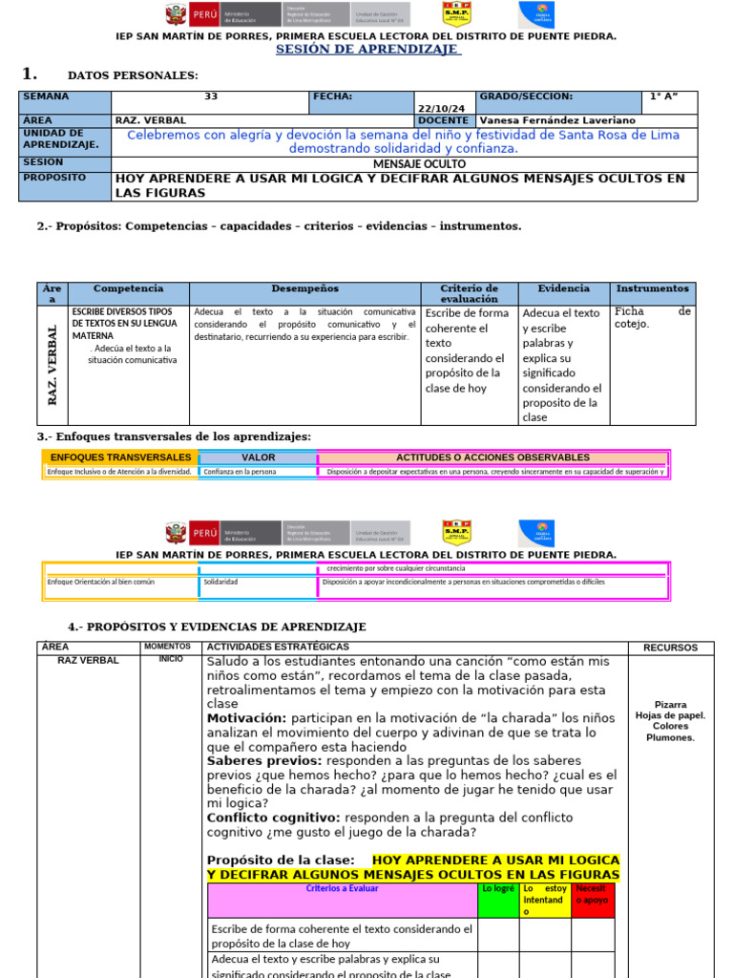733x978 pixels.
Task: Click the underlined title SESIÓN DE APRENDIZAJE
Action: point(367,50)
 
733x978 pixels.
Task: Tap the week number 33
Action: point(211,96)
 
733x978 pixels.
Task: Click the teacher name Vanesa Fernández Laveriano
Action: point(558,121)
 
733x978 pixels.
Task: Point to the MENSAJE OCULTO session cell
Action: point(406,164)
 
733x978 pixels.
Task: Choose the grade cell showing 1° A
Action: point(669,96)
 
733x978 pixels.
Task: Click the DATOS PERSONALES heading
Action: point(133,75)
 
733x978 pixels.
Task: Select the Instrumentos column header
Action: point(652,288)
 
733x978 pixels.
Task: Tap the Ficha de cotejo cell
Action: point(652,317)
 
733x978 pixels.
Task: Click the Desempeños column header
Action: point(304,288)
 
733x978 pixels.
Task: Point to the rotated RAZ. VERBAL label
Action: point(53,364)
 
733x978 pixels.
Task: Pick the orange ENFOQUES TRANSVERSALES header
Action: point(120,457)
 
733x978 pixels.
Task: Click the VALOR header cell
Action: point(258,457)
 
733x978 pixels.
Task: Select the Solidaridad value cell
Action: point(221,582)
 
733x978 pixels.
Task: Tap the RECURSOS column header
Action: point(670,648)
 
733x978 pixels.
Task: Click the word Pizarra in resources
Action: point(670,704)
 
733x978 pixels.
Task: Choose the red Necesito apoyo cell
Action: point(592,895)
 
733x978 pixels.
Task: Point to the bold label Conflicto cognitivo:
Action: point(274,818)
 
